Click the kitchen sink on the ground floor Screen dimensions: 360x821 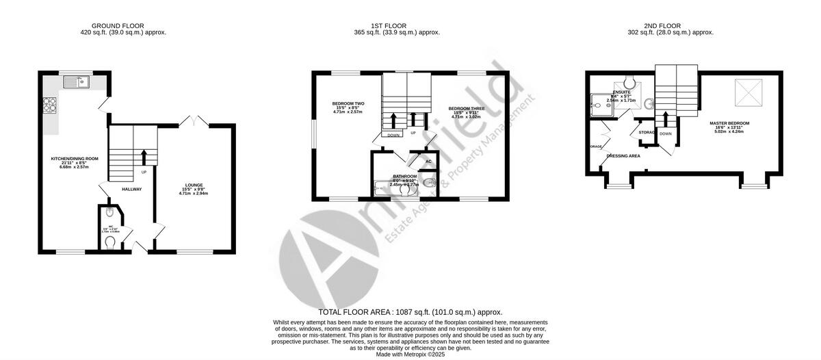click(76, 83)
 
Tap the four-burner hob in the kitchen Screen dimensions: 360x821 click(50, 106)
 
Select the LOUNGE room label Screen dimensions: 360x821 click(193, 185)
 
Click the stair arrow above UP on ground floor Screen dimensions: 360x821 click(144, 155)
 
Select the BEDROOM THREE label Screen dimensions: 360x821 click(467, 108)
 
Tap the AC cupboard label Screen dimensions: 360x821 click(428, 162)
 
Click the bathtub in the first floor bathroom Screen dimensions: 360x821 click(391, 185)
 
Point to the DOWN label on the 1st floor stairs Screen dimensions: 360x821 click(393, 136)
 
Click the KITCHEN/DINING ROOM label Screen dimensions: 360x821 click(75, 159)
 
